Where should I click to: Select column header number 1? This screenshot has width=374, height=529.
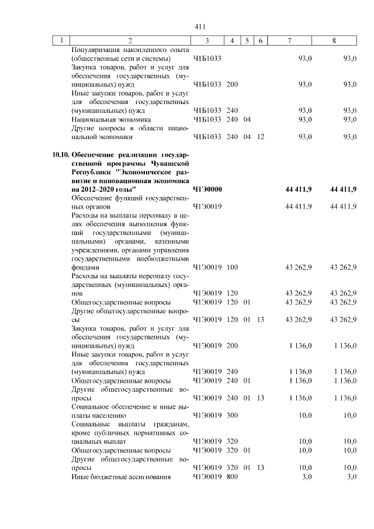click(61, 40)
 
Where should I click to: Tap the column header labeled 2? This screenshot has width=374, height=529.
click(130, 40)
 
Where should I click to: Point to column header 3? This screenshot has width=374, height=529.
click(207, 40)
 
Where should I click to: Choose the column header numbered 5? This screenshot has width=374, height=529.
click(247, 40)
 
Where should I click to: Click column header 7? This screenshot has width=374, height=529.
click(290, 40)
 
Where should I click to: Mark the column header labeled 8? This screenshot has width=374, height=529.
click(334, 40)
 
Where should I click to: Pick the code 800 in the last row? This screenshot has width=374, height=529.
click(232, 478)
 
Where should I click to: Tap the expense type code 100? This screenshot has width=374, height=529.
click(232, 267)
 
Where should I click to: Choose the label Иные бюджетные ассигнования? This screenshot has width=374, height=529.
click(120, 478)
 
